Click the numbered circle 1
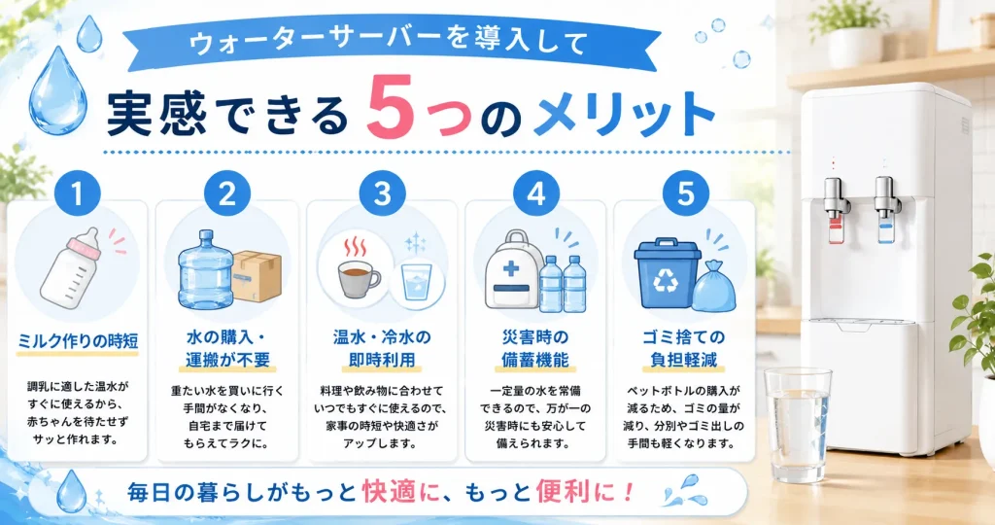(x=78, y=193)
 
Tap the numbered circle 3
(x=382, y=193)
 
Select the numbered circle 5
(x=685, y=193)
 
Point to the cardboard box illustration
(x=256, y=276)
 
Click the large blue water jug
(x=205, y=270)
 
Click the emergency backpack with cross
(x=513, y=270)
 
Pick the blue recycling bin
(x=667, y=273)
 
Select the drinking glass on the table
(x=798, y=425)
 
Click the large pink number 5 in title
(x=389, y=107)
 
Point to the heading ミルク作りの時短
(x=78, y=341)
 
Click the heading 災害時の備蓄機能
(x=535, y=348)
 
